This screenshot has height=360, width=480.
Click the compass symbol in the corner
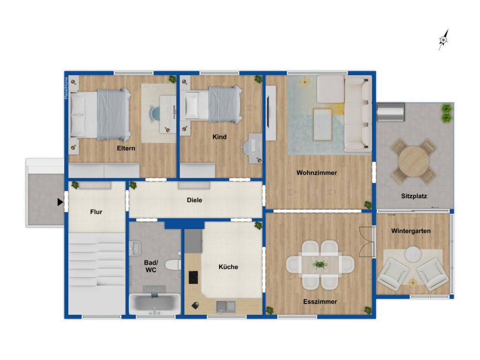tap(443, 40)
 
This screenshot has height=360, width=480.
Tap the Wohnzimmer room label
tap(316, 173)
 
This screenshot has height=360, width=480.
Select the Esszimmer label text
tap(320, 302)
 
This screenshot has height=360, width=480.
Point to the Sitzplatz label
tap(414, 196)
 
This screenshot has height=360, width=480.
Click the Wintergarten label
tap(411, 231)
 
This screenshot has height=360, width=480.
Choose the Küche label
tap(228, 267)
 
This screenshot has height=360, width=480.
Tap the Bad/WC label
tap(150, 267)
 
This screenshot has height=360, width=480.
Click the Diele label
tap(195, 200)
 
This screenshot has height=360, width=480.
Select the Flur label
tap(96, 212)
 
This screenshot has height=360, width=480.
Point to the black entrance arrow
tap(60, 202)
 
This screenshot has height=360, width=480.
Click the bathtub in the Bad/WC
tap(154, 304)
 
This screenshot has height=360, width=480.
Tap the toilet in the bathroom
tap(174, 265)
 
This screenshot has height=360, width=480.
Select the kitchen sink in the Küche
tap(227, 307)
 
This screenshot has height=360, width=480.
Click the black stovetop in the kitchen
tap(194, 277)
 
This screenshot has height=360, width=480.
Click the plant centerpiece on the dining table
tap(320, 265)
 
